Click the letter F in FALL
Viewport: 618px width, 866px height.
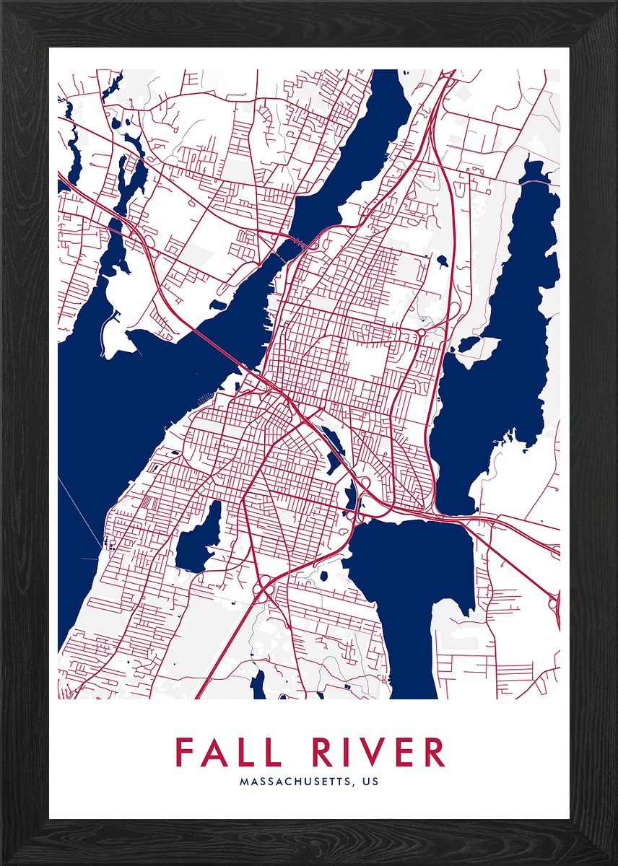click(185, 753)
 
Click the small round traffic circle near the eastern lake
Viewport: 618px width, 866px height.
click(421, 333)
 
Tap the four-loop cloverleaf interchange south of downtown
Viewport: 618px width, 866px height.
click(264, 588)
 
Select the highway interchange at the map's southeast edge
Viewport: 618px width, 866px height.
click(554, 599)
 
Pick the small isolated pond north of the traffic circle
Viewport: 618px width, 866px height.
click(442, 261)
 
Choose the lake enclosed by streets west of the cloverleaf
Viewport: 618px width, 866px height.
click(196, 538)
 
